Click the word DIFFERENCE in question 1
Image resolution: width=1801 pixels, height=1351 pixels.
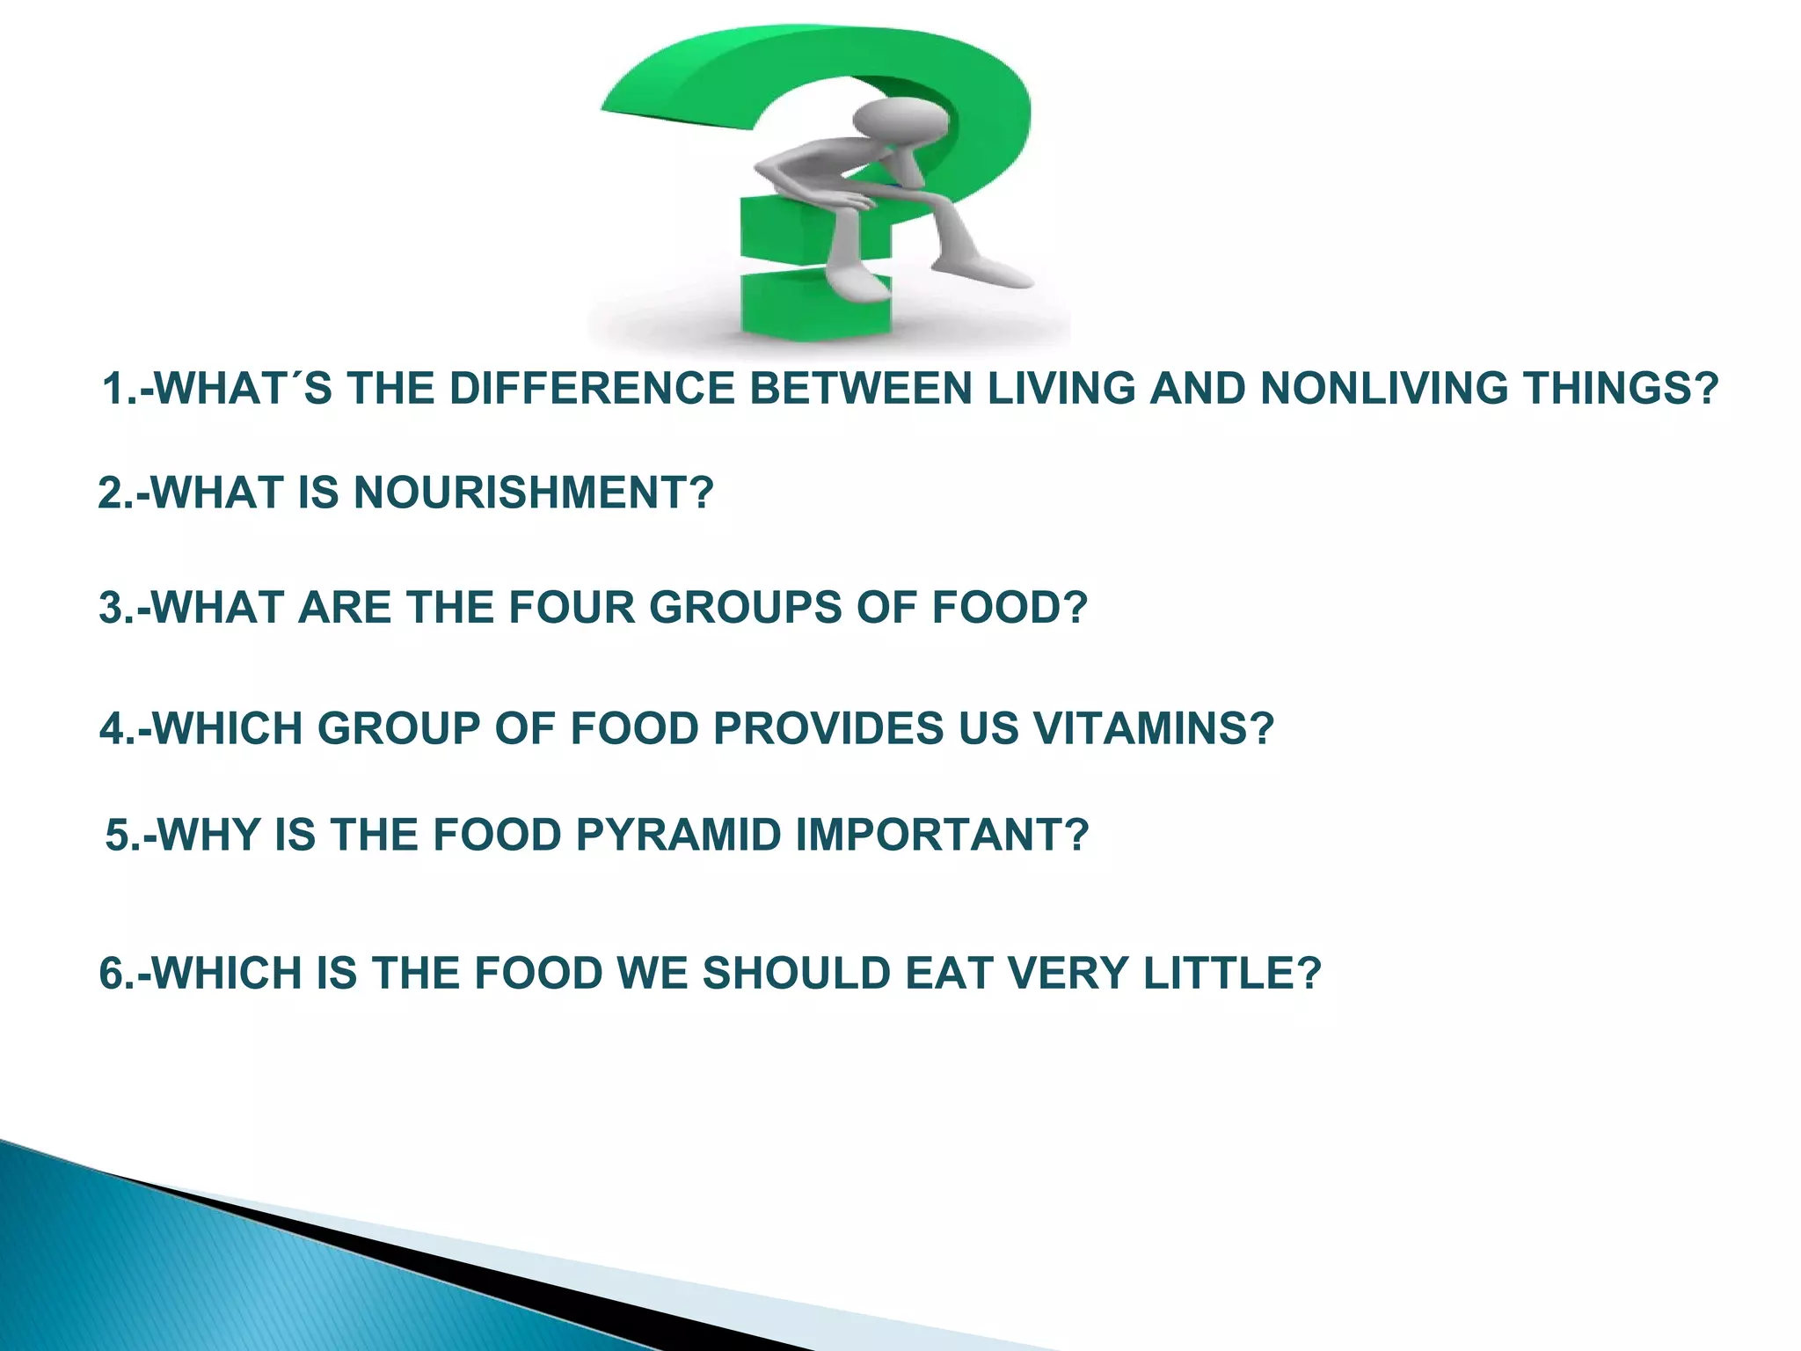click(591, 389)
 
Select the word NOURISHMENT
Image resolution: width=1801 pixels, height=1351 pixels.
click(533, 492)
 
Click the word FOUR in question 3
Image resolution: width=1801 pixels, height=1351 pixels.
click(571, 608)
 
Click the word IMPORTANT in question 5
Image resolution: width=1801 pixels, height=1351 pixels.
click(942, 835)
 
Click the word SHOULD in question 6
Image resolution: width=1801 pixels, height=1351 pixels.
click(797, 974)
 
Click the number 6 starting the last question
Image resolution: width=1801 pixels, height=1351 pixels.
click(112, 974)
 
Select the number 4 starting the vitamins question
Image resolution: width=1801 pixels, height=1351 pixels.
click(113, 728)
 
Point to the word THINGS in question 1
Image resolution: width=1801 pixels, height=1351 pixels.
click(1619, 389)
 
